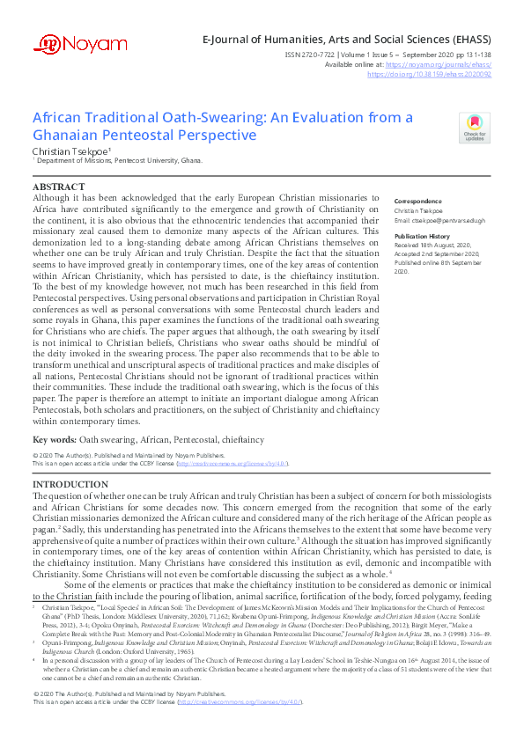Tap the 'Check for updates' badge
point(473,128)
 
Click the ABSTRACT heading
point(58,187)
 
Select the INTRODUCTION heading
point(70,485)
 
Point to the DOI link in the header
point(441,75)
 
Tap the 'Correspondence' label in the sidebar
point(418,201)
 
